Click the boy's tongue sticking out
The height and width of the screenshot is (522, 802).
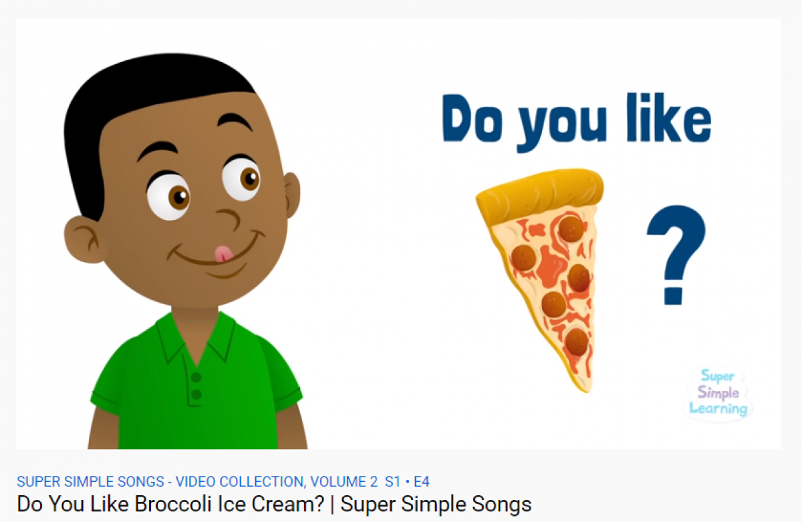coord(224,254)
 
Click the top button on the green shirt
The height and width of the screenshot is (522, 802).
coord(196,378)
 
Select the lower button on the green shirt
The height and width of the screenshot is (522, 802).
coord(196,394)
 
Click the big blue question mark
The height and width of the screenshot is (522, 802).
coord(676,255)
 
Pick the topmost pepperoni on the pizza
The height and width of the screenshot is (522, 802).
coord(571,229)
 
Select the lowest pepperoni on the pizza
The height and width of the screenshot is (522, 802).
coord(576,342)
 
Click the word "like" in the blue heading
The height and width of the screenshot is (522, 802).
coord(669,117)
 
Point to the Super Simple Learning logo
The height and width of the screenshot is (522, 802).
coord(718,393)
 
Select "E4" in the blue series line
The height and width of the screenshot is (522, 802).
coord(422,481)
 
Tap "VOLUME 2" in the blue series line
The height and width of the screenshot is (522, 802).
coord(344,481)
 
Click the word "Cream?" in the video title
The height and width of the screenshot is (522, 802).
coord(288,504)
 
